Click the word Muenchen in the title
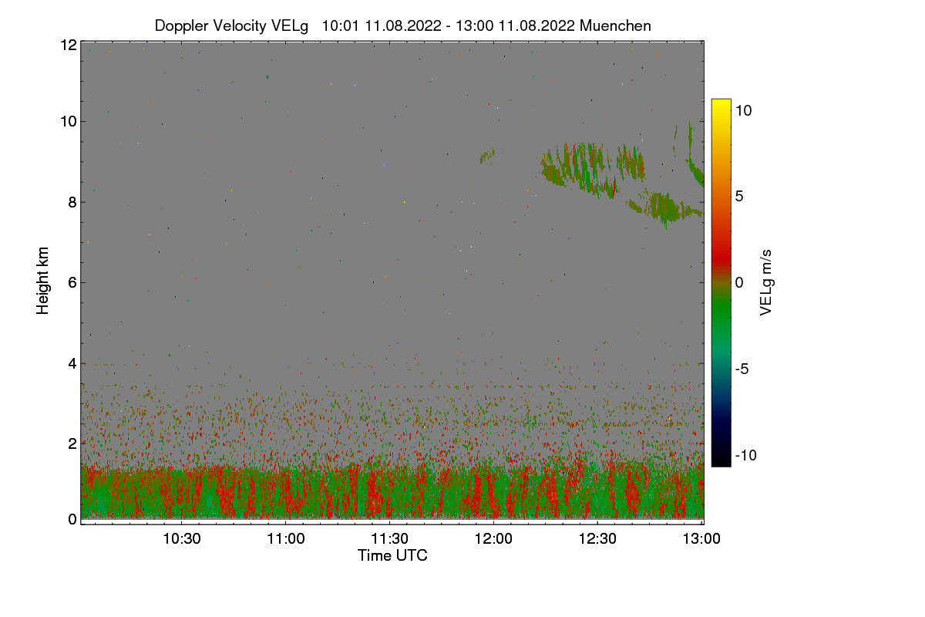(615, 25)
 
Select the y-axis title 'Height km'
(43, 280)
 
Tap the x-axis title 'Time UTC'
(392, 555)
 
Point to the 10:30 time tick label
(182, 538)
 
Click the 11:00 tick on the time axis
(286, 538)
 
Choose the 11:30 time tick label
(390, 538)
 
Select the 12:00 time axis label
(493, 538)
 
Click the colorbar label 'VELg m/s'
(766, 282)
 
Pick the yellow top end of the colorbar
(721, 103)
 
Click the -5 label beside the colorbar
(744, 369)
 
